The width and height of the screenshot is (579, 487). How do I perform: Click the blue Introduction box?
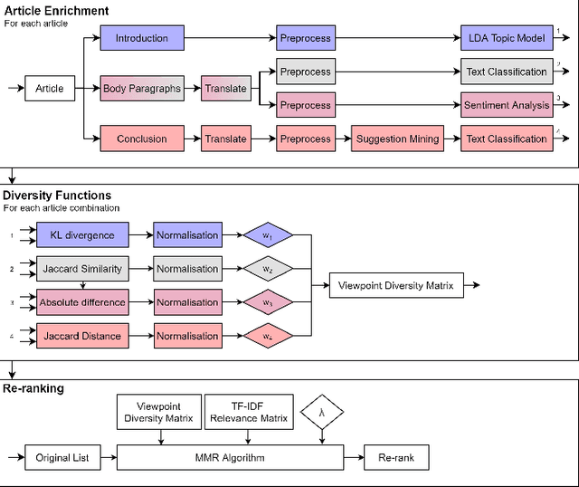141,38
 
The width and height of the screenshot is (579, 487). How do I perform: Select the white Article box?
50,89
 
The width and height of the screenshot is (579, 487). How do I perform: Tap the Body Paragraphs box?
142,89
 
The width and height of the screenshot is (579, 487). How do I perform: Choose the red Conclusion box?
141,138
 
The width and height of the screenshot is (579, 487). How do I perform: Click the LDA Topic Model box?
506,38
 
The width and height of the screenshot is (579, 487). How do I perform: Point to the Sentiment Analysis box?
506,105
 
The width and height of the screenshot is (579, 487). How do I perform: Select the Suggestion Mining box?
397,138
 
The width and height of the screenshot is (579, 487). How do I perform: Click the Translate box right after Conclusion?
224,138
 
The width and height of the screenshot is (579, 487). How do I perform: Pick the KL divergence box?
82,235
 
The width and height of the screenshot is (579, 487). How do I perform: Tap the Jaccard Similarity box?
82,269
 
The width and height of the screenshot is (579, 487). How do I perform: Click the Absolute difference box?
82,302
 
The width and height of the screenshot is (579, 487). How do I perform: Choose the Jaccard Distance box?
82,336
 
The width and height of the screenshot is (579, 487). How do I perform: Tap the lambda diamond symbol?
323,412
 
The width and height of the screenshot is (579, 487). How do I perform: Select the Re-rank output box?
395,457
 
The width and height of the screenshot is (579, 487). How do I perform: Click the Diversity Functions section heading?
57,195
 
